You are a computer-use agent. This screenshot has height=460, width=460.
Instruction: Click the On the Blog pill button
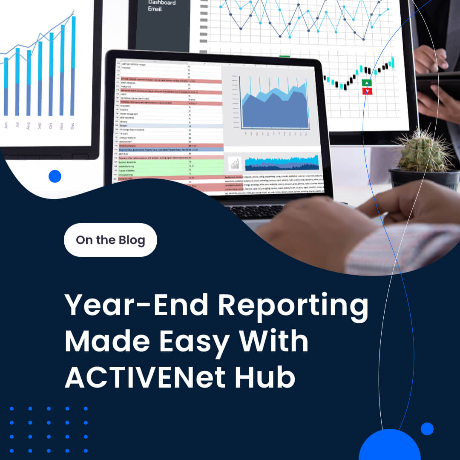[110, 240]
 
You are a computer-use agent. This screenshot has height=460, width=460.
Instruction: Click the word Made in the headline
[108, 342]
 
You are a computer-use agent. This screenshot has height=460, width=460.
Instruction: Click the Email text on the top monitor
[155, 9]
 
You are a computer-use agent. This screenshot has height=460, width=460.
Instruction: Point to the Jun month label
[6, 125]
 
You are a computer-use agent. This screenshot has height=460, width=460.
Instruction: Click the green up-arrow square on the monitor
[367, 83]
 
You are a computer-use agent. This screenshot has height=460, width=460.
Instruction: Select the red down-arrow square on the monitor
[367, 91]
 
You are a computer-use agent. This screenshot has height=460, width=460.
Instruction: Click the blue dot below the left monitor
[55, 176]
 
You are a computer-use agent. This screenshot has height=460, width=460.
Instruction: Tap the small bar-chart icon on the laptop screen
[235, 163]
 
